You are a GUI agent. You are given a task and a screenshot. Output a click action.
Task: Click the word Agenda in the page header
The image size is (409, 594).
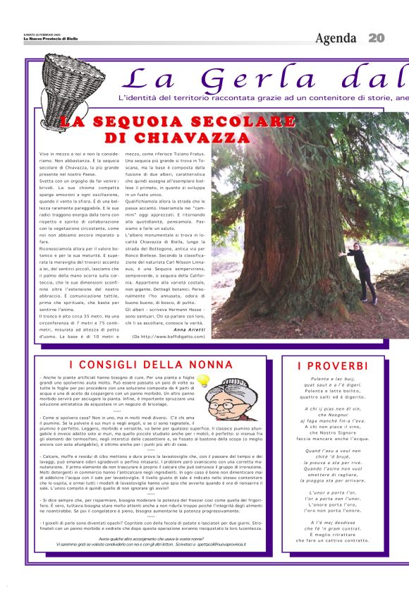point(336,37)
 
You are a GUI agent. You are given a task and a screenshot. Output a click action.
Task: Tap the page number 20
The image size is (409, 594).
point(377,37)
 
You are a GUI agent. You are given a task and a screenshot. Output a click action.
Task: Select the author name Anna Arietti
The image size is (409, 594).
point(188,330)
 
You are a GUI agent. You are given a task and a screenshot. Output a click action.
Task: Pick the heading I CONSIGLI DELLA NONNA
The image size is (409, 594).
point(151,365)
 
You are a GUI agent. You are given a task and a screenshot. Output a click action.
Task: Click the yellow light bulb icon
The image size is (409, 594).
point(204,381)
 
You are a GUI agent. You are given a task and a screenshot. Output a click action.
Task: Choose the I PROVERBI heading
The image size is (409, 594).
point(332,365)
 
